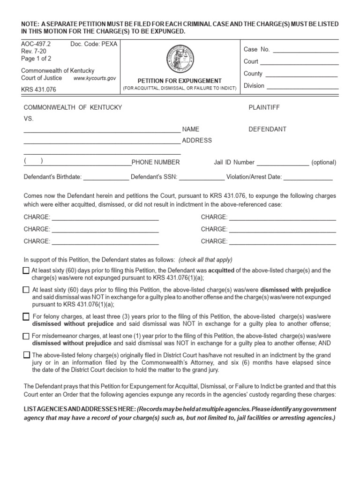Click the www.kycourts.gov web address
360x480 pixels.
click(95, 79)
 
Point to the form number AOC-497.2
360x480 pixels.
click(36, 44)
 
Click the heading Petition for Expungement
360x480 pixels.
click(179, 81)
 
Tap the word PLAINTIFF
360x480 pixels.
click(264, 107)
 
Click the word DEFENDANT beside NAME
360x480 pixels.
click(267, 129)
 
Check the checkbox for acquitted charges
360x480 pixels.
click(26, 271)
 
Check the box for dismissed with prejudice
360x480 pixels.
click(26, 290)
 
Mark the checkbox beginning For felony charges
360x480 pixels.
click(26, 317)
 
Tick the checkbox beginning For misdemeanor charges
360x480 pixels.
click(26, 336)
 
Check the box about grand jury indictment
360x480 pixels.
click(26, 355)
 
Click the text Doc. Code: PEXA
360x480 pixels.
click(94, 44)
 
